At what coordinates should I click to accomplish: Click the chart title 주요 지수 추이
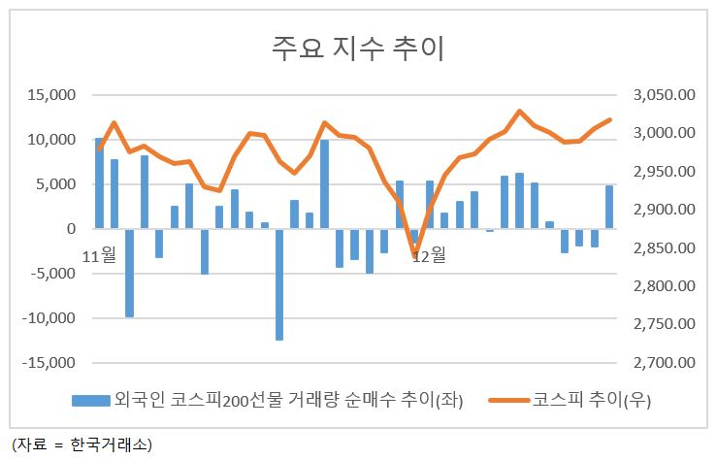(358, 48)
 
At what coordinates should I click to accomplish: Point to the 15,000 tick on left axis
(51, 95)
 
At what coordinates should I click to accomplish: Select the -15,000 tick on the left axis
(49, 363)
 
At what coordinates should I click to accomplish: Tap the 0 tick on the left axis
(71, 229)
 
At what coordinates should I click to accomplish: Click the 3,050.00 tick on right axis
(664, 95)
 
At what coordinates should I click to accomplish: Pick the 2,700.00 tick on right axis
(664, 363)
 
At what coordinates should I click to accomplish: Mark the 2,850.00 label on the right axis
(664, 247)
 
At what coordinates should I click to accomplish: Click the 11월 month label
(99, 255)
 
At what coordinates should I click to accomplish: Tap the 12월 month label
(429, 255)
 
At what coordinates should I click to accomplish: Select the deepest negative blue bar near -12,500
(279, 284)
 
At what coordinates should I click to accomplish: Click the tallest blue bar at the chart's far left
(99, 182)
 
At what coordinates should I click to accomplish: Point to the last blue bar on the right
(609, 207)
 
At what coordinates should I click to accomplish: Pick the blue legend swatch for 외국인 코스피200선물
(91, 401)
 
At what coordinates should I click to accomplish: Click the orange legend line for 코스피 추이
(509, 401)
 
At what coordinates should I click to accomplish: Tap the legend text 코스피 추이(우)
(592, 400)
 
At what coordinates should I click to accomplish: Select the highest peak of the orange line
(519, 111)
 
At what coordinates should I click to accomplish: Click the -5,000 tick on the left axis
(49, 274)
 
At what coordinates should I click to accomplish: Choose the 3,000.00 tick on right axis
(664, 133)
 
